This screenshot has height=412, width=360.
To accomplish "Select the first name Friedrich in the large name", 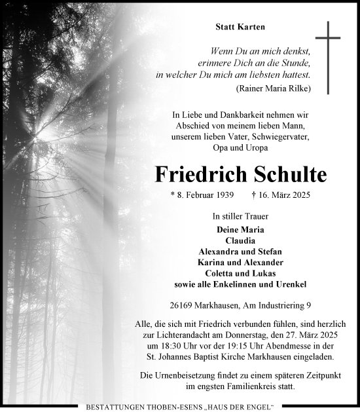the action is click(x=197, y=174).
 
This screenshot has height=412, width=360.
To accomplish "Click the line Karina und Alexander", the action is click(x=240, y=262).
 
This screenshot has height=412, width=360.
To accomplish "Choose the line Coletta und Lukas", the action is click(x=240, y=273).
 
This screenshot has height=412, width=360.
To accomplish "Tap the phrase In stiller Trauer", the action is click(x=240, y=215).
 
